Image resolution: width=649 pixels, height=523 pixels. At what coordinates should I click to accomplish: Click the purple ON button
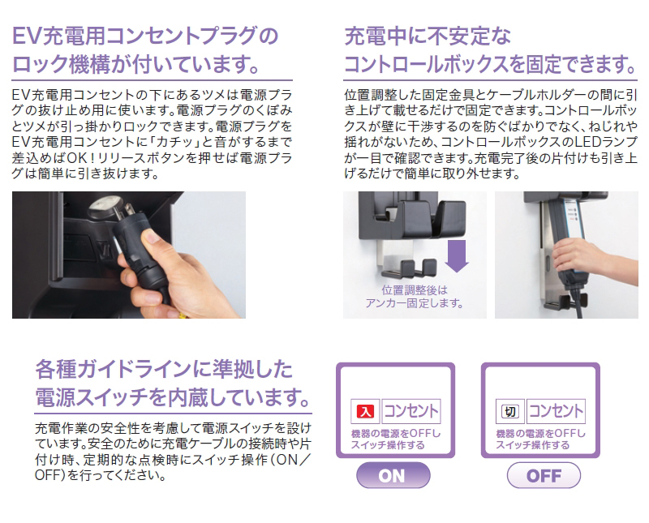(392, 475)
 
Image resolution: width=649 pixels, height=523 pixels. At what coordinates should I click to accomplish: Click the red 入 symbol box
(365, 411)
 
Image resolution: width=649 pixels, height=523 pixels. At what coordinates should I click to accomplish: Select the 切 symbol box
(511, 411)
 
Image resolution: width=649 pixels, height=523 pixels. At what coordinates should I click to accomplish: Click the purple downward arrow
(458, 253)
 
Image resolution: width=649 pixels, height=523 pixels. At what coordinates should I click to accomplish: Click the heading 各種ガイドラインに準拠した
(162, 370)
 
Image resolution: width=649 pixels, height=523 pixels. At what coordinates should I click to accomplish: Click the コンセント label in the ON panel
(410, 411)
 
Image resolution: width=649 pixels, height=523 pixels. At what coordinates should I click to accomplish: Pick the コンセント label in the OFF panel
(556, 411)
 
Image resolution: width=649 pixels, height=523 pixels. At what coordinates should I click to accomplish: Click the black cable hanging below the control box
(581, 304)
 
